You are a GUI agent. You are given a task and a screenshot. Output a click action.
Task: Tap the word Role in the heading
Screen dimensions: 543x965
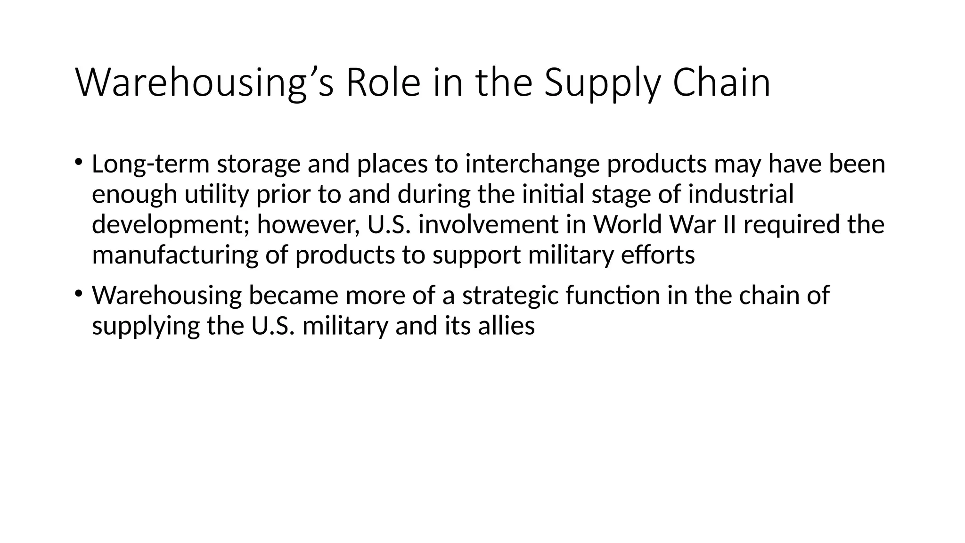[x=383, y=83]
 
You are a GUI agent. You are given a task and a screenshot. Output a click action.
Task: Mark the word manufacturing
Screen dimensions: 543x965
[x=175, y=255]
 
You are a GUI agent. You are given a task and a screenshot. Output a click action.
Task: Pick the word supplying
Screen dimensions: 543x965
[x=146, y=326]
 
